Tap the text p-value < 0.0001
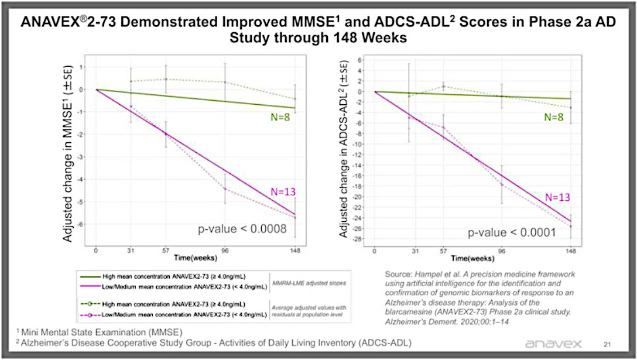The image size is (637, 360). pos(512,233)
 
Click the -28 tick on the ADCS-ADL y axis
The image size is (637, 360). pos(362,239)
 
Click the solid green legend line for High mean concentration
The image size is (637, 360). pos(88,277)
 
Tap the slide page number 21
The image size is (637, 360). pos(606,344)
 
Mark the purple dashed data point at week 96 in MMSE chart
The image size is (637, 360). pos(225,188)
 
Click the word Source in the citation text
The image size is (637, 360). pos(400,273)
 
